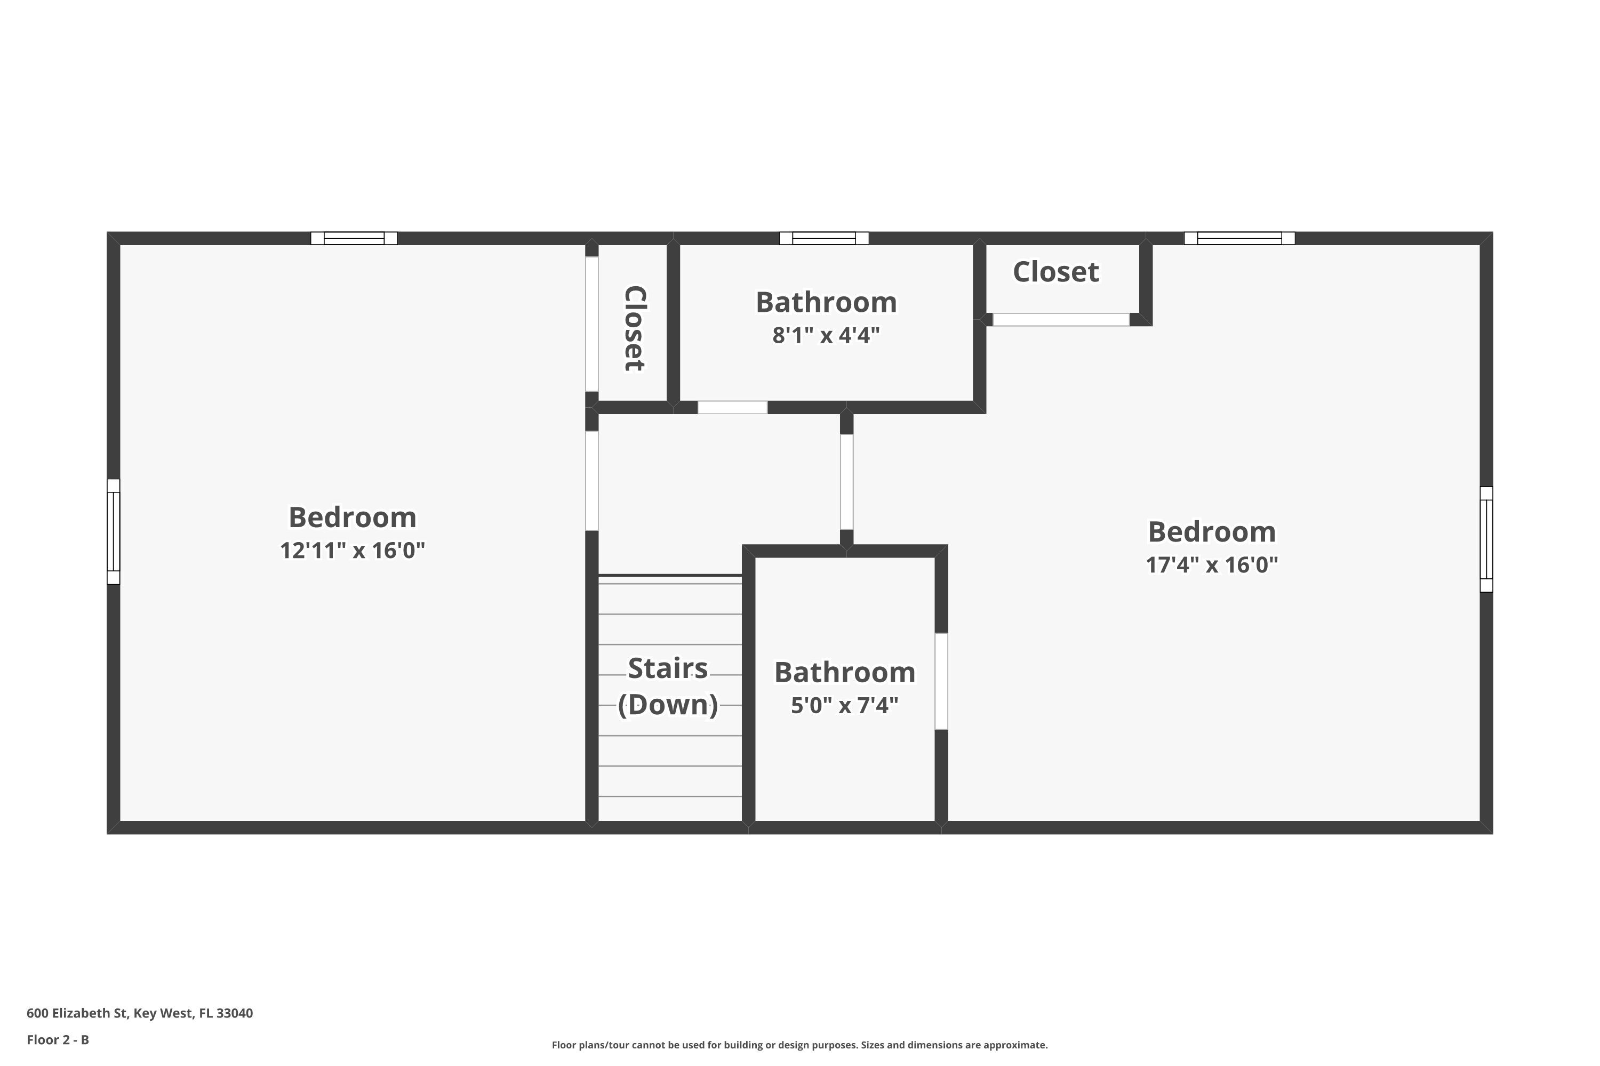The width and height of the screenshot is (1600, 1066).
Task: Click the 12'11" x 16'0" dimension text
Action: tap(353, 550)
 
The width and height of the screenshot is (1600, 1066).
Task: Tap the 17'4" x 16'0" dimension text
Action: tap(1212, 565)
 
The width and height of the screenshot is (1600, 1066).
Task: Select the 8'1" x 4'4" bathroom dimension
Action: tap(826, 335)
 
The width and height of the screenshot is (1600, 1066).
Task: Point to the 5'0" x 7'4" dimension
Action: tap(844, 705)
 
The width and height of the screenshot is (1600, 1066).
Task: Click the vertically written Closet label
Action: tap(634, 328)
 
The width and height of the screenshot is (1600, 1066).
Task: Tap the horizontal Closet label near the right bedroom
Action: tap(1055, 272)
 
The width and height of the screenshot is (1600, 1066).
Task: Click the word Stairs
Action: tap(667, 668)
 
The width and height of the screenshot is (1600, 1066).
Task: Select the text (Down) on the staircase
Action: tap(667, 704)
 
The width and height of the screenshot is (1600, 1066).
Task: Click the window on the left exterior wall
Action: tap(114, 531)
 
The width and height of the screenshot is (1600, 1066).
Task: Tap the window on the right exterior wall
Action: tap(1486, 539)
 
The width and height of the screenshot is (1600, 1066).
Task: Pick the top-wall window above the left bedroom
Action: tap(354, 238)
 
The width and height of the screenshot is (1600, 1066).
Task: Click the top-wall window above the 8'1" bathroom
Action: tap(824, 238)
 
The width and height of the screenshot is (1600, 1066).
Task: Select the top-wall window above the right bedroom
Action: tap(1239, 238)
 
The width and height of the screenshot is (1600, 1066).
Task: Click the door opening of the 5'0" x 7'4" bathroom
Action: tap(941, 681)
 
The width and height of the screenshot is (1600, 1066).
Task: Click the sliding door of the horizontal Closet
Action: tap(1061, 319)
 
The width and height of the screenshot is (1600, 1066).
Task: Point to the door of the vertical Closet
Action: tap(592, 324)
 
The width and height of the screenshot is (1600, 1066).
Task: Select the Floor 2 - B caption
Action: tap(58, 1039)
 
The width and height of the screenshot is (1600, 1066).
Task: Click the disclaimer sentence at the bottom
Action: tap(799, 1045)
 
